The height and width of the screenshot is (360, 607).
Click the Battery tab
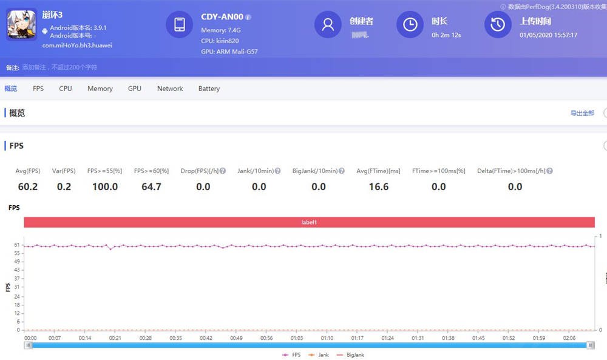[209, 89]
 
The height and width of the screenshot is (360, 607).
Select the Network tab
[170, 89]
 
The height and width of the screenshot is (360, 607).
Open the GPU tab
[135, 89]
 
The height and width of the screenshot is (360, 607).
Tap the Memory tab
[100, 89]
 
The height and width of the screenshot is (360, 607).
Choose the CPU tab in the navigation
[66, 89]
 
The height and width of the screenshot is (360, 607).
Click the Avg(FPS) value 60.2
[27, 187]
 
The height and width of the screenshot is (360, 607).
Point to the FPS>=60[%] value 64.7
[151, 187]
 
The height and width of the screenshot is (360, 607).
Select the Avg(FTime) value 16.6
[378, 187]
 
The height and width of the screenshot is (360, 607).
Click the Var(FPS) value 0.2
[64, 187]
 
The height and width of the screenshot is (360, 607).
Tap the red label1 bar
[309, 222]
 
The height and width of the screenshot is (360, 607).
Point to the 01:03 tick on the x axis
[297, 338]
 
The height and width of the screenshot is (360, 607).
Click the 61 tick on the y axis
[16, 245]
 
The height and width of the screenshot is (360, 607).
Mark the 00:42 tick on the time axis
[206, 338]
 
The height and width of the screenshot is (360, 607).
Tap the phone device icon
[179, 24]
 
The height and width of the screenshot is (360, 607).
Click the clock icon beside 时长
[410, 24]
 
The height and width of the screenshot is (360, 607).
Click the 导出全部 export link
[582, 114]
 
